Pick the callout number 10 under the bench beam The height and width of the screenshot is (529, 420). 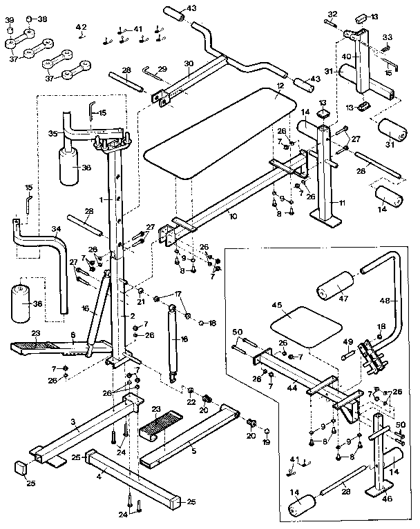(233, 216)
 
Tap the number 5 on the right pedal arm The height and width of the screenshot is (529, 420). (193, 450)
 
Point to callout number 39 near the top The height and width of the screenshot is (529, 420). (9, 20)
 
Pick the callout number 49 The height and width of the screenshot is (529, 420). (348, 341)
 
